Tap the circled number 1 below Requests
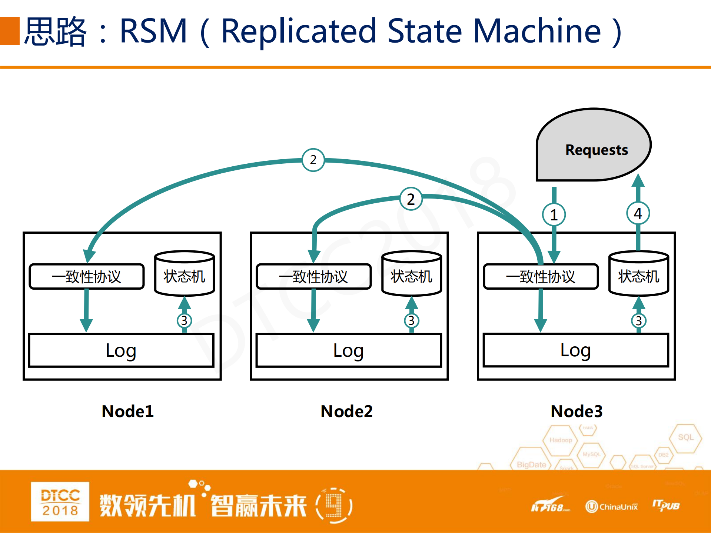(x=554, y=215)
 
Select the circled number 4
(x=638, y=213)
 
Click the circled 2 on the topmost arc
(x=313, y=160)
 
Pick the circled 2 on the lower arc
(x=411, y=199)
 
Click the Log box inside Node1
(x=121, y=350)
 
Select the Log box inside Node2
(x=348, y=350)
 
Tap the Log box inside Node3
(x=575, y=350)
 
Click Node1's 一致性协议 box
(x=86, y=276)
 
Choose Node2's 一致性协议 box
(x=313, y=276)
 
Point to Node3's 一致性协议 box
(x=541, y=276)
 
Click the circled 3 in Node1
(x=184, y=320)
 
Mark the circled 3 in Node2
(x=411, y=320)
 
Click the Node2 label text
(x=346, y=411)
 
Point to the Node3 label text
(x=577, y=411)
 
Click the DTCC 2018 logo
(x=60, y=502)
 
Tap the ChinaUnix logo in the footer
(x=612, y=506)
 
